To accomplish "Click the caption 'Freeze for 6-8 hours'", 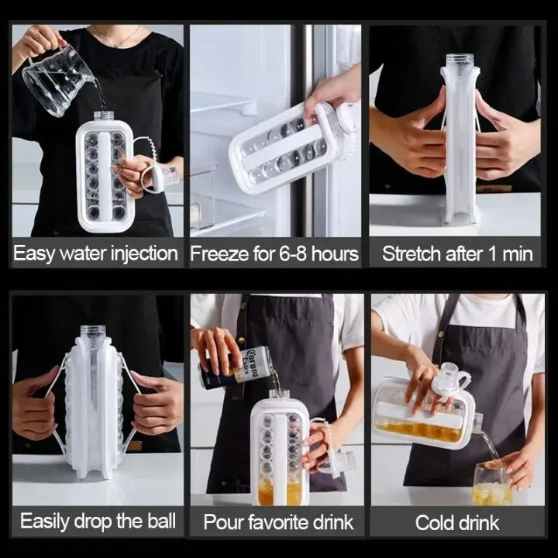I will click(274, 254).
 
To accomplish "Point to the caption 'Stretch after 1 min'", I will click(457, 254).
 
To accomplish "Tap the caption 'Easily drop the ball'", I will click(98, 520).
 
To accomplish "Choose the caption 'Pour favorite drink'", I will click(278, 522).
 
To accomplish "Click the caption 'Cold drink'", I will click(457, 522).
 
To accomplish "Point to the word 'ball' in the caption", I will click(160, 520).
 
